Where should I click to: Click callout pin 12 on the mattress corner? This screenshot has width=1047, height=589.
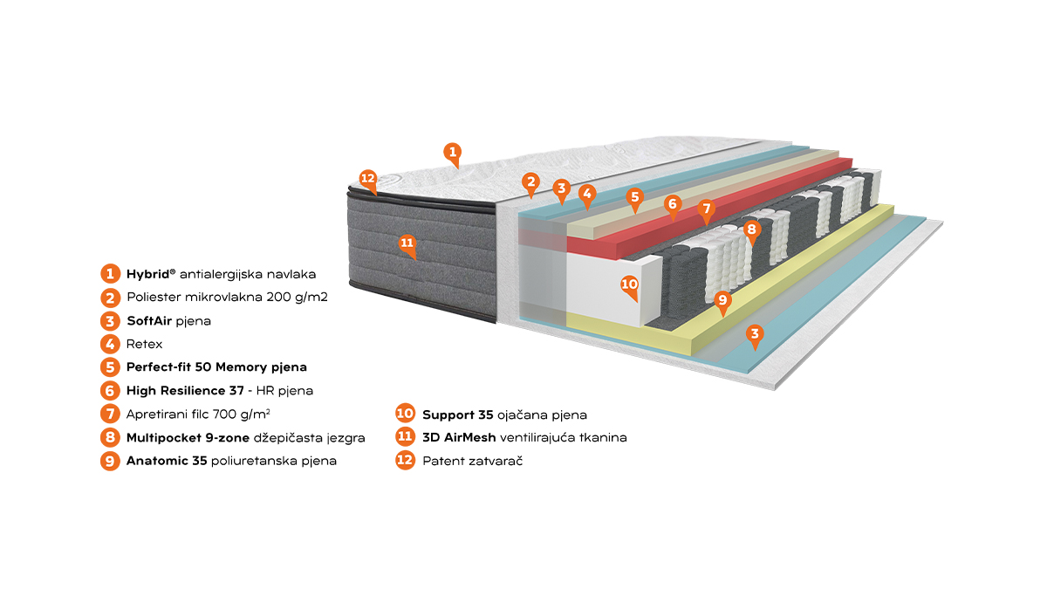(368, 180)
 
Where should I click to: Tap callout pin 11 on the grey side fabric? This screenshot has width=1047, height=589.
(407, 244)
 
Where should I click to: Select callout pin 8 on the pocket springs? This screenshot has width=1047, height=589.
(751, 230)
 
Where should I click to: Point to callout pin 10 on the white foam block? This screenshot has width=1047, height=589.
(629, 285)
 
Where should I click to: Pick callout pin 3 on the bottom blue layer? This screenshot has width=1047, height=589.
(755, 335)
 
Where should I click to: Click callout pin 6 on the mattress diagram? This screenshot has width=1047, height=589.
(672, 205)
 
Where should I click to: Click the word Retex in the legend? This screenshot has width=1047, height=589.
(145, 345)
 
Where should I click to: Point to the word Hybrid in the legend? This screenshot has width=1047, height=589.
(147, 274)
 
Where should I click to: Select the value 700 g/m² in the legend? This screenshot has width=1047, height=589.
(241, 414)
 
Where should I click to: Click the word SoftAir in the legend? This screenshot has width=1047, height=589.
(149, 321)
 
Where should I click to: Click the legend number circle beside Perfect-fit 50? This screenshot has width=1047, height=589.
(110, 367)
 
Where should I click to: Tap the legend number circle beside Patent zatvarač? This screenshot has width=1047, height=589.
(405, 461)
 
